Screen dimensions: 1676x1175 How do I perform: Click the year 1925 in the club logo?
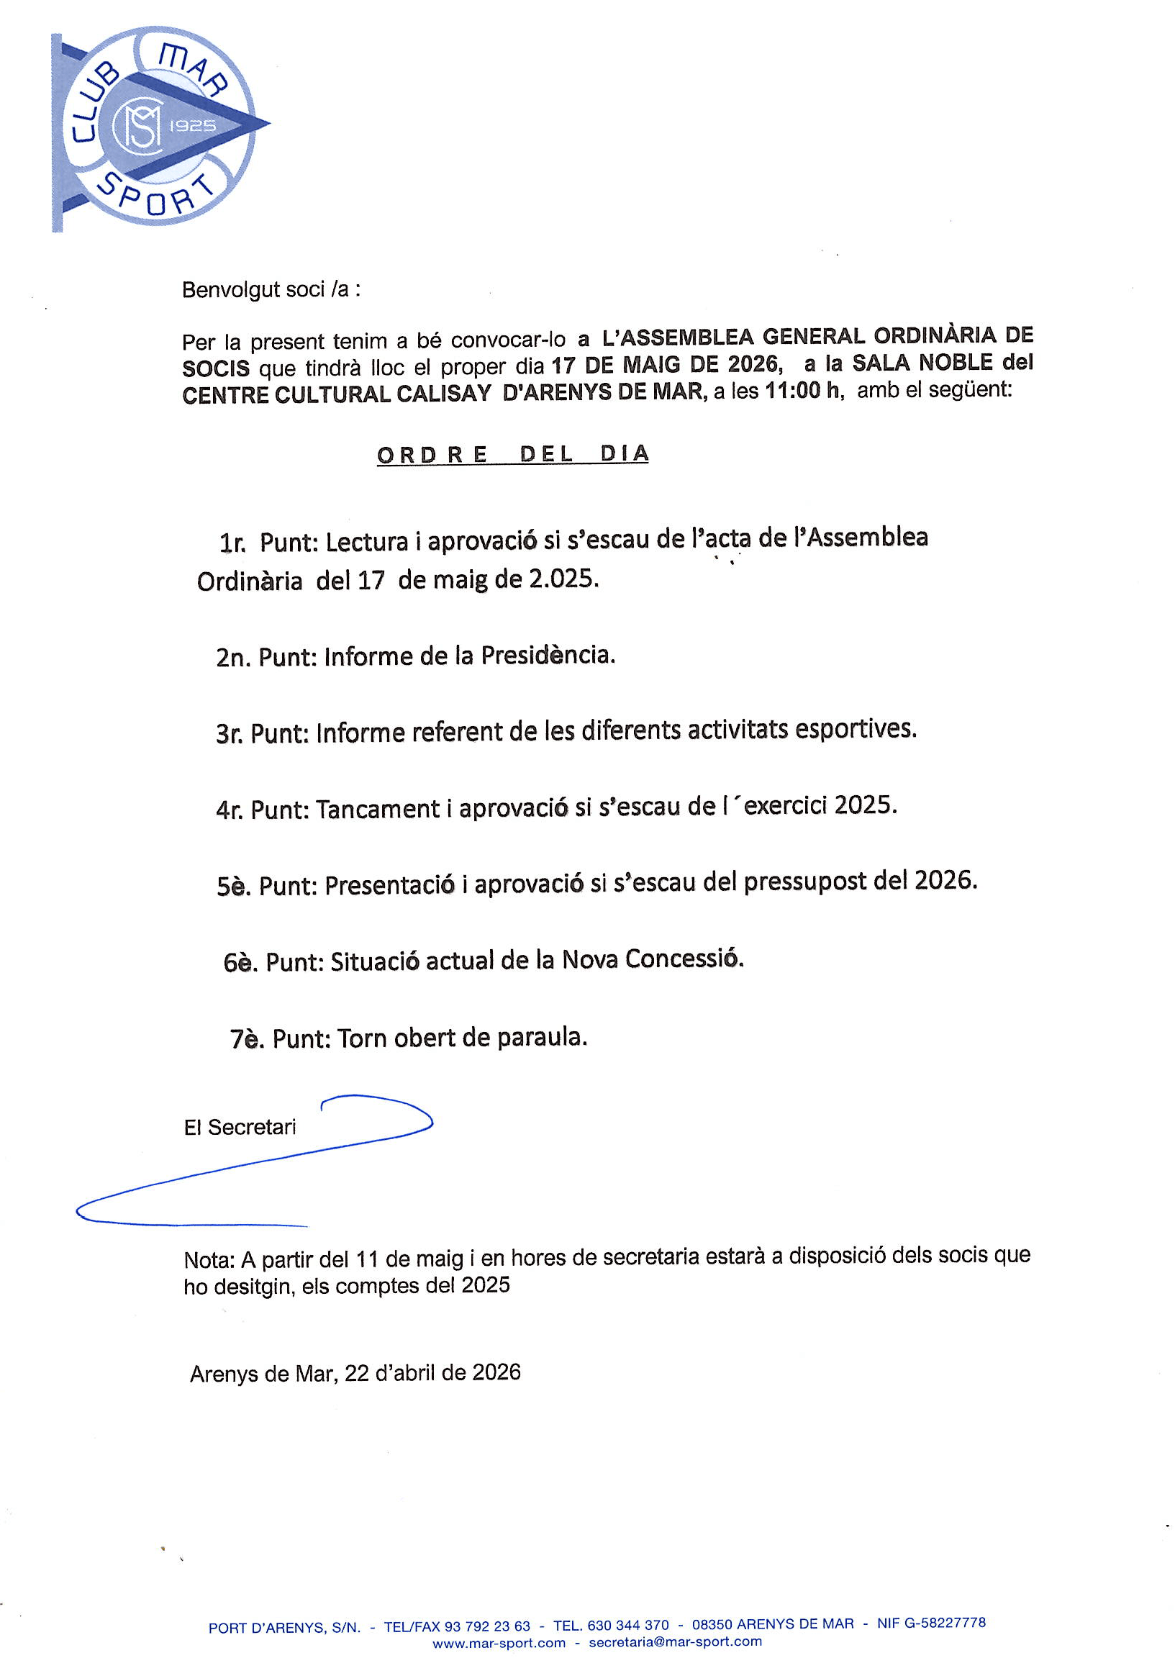(x=192, y=125)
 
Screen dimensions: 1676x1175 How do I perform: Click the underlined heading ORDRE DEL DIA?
(x=512, y=454)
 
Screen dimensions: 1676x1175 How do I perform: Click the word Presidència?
(x=548, y=656)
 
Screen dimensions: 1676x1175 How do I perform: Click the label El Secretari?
(x=240, y=1127)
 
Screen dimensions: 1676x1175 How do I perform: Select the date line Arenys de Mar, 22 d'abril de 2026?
(x=355, y=1373)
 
